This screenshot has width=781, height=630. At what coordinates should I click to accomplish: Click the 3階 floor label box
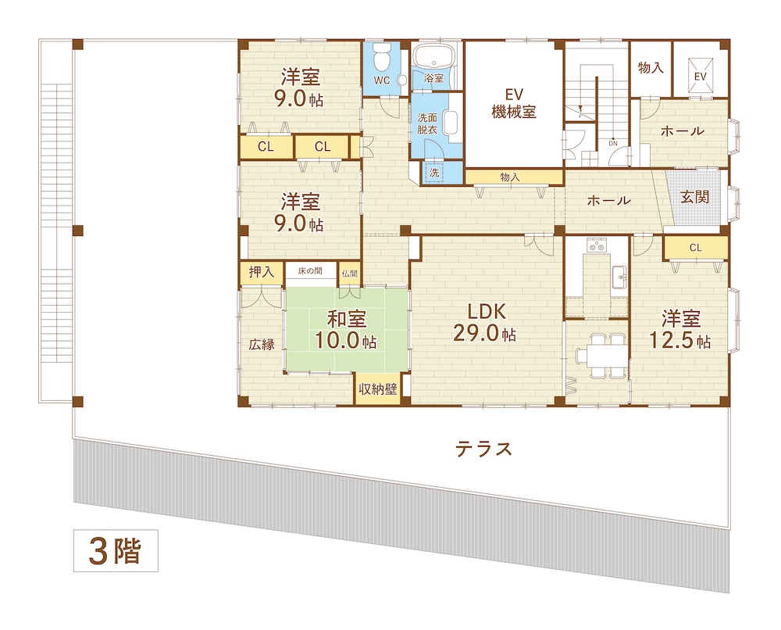(x=116, y=550)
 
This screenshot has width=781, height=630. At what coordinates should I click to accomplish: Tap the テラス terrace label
(x=483, y=449)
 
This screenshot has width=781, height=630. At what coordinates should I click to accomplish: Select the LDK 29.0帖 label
(x=485, y=323)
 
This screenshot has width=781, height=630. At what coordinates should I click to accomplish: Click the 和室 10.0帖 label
(x=346, y=329)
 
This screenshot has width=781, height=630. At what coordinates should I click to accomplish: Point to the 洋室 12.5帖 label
(x=680, y=329)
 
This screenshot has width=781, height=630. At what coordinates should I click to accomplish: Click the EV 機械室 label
(x=514, y=103)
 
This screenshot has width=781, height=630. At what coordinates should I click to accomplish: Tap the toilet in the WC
(x=382, y=56)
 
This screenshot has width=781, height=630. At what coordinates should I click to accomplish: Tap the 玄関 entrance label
(x=695, y=197)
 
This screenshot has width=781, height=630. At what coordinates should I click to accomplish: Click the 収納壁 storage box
(x=378, y=388)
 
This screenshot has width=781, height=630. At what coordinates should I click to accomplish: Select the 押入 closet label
(x=262, y=272)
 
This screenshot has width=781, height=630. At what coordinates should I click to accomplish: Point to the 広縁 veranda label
(x=262, y=344)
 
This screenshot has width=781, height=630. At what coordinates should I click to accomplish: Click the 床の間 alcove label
(x=310, y=270)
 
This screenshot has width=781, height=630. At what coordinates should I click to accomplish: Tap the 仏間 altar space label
(x=350, y=273)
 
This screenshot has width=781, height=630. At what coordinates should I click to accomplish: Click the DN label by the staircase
(x=612, y=144)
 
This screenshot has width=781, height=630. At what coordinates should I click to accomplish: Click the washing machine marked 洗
(x=435, y=173)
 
